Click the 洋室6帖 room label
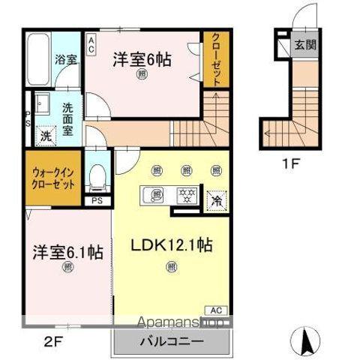click(x=142, y=58)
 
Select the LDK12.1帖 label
click(x=172, y=245)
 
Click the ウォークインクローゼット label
click(x=52, y=176)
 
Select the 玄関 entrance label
click(x=305, y=45)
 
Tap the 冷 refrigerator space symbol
click(x=215, y=200)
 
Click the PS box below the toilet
click(x=96, y=200)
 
